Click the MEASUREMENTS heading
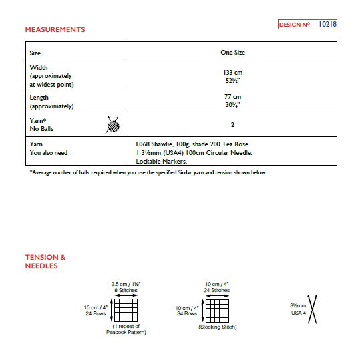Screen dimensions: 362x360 pos(55,30)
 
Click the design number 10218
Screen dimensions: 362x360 pos(327,25)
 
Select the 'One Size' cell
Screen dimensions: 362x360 pos(232,52)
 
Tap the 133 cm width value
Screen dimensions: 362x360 pos(232,71)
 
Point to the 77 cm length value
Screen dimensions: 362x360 pos(232,97)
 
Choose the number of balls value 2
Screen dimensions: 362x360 pos(232,124)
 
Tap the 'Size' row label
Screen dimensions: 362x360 pos(35,53)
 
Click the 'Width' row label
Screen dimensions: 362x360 pos(39,68)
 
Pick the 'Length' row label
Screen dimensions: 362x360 pos(39,98)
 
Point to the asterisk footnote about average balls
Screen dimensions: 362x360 pos(148,173)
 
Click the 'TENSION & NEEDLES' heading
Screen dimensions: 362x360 pos(45,262)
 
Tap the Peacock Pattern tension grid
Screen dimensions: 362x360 pos(125,309)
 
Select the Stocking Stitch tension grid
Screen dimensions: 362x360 pos(217,309)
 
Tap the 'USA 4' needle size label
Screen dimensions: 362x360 pos(298,313)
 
